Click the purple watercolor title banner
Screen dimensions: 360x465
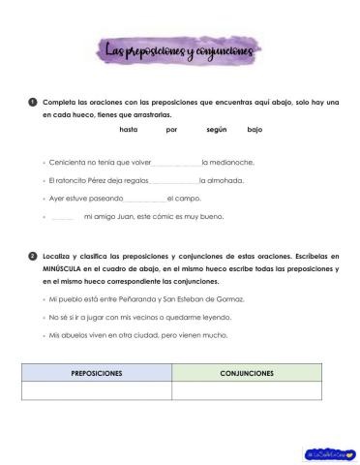click(x=179, y=48)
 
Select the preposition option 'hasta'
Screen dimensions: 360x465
click(x=130, y=129)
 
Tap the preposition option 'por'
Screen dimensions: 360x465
click(x=171, y=129)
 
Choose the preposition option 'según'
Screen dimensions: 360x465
click(x=216, y=129)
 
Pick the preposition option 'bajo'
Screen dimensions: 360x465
click(x=255, y=129)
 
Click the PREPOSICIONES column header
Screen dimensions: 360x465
click(x=97, y=372)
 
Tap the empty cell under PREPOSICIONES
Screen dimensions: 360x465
click(x=97, y=390)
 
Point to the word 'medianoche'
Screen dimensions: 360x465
click(x=232, y=162)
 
